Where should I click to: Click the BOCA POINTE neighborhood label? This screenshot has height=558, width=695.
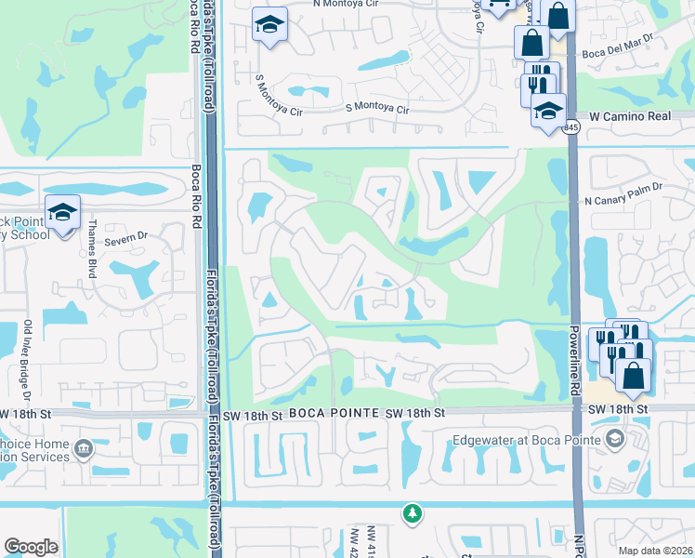331,412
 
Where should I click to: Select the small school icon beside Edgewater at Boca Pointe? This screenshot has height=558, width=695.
612,438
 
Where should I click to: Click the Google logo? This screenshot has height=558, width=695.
31,547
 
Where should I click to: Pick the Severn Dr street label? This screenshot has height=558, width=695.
127,236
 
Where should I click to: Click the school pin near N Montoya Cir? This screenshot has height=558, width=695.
269,24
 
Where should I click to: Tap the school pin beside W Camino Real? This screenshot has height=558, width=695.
548,110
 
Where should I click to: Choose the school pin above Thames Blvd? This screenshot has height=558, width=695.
62,212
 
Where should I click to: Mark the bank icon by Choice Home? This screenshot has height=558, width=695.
84,450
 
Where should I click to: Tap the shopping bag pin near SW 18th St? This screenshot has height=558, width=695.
633,374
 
